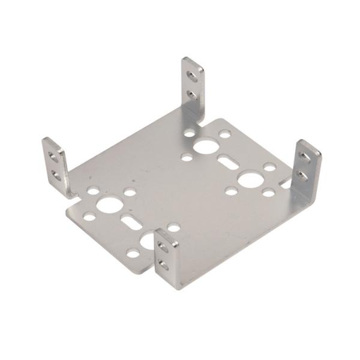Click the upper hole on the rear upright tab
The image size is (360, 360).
tap(191, 76)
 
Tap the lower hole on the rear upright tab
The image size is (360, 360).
tap(191, 94)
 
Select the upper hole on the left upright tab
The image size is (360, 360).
tap(53, 158)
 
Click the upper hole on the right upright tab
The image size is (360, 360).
tap(305, 158)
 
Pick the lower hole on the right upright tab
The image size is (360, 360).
tap(302, 175)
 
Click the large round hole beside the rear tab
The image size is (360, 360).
tap(206, 146)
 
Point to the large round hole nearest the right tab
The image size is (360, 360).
tap(250, 179)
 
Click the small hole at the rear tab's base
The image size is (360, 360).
tap(190, 133)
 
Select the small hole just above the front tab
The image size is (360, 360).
tap(173, 227)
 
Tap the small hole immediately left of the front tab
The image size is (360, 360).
tap(133, 254)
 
